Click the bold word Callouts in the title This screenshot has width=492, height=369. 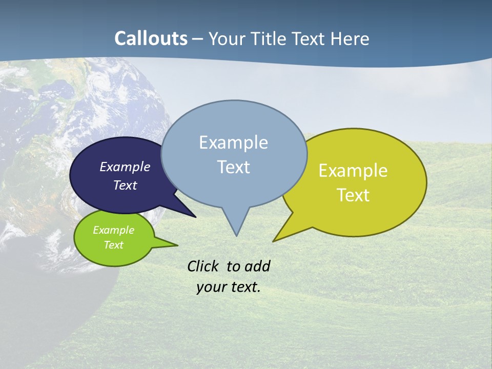pyautogui.click(x=151, y=38)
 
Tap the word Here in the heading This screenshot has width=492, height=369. pyautogui.click(x=350, y=38)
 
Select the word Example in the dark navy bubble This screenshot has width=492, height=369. pyautogui.click(x=125, y=167)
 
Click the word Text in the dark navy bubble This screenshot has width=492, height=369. pyautogui.click(x=125, y=185)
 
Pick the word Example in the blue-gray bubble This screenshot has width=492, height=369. pyautogui.click(x=233, y=142)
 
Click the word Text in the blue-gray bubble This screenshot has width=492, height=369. pyautogui.click(x=233, y=167)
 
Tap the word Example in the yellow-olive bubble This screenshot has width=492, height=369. pyautogui.click(x=353, y=171)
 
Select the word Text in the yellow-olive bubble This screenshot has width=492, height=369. pyautogui.click(x=353, y=195)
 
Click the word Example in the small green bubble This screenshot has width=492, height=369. pyautogui.click(x=113, y=230)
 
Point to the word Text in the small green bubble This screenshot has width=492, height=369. pyautogui.click(x=113, y=245)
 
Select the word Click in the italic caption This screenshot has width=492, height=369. pyautogui.click(x=203, y=266)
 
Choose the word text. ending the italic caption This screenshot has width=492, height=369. pyautogui.click(x=245, y=287)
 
